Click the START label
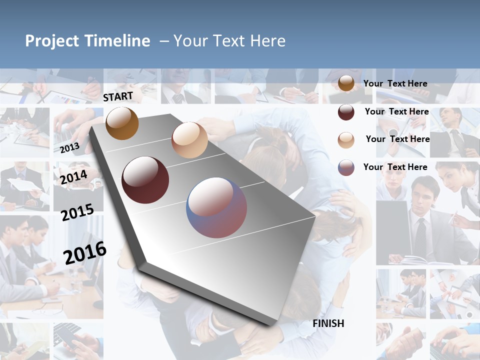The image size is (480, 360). click(x=118, y=96)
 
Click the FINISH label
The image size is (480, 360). click(x=328, y=323)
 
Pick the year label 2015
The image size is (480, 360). click(x=77, y=212)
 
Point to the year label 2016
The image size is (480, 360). click(x=85, y=252)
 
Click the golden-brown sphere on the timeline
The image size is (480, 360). click(x=122, y=123)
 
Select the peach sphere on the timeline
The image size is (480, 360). click(x=189, y=140)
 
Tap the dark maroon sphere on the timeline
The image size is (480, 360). click(x=145, y=180)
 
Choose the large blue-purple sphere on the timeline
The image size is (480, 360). click(x=216, y=207)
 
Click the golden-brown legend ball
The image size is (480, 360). click(x=346, y=83)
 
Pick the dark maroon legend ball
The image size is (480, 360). click(x=346, y=112)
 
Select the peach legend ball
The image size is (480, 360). click(x=346, y=140)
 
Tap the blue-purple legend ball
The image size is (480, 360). click(x=346, y=167)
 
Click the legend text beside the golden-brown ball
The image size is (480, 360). click(x=395, y=83)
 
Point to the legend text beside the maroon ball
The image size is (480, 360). click(x=396, y=111)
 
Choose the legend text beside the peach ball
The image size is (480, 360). click(x=397, y=139)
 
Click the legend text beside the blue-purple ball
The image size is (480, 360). click(x=395, y=167)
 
